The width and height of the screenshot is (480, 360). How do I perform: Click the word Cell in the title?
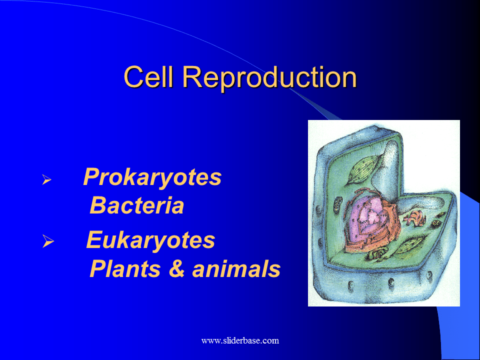click(149, 77)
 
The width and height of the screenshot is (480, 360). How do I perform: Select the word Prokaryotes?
click(152, 177)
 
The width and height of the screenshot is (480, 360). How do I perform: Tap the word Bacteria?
click(137, 206)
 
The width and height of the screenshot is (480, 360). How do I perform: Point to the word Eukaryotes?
click(150, 240)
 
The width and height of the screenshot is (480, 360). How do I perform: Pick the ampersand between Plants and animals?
click(177, 269)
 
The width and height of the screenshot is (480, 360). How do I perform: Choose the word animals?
click(236, 269)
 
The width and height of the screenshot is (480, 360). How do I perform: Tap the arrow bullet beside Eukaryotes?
click(47, 242)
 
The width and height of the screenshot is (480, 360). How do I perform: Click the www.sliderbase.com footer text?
click(240, 341)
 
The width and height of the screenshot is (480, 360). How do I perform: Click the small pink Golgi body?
click(414, 217)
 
